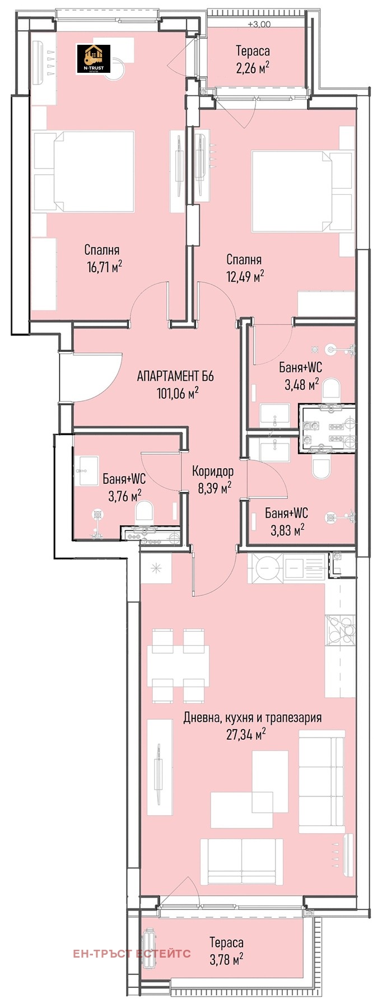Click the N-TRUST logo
point(94,59)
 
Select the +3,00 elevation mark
point(259,24)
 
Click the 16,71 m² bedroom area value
point(104,267)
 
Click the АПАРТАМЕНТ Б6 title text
point(175,376)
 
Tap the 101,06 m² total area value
point(178,393)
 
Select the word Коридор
point(213,471)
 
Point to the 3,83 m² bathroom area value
point(287,529)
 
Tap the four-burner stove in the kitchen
point(340,632)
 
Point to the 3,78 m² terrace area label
point(226,960)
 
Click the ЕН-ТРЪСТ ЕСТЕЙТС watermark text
point(132,954)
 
